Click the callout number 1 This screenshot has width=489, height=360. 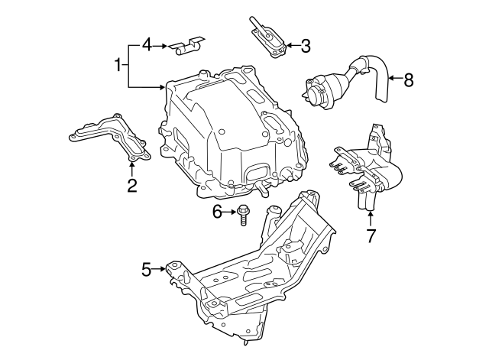pyautogui.click(x=118, y=65)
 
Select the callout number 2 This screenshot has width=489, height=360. pyautogui.click(x=131, y=185)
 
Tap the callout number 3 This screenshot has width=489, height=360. pyautogui.click(x=306, y=46)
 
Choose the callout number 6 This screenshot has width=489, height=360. pyautogui.click(x=217, y=212)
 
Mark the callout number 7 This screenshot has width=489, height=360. pyautogui.click(x=371, y=235)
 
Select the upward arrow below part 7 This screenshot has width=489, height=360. pyautogui.click(x=371, y=218)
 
